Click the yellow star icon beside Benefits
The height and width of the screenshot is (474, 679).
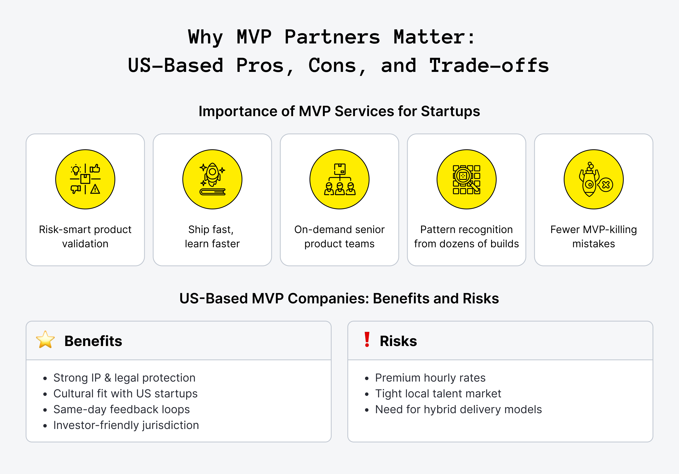[x=45, y=340]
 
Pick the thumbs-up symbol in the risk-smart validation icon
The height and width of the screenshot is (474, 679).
[x=95, y=169]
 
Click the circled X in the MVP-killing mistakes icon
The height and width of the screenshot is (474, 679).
[x=606, y=185]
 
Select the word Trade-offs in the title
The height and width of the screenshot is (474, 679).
[x=489, y=66]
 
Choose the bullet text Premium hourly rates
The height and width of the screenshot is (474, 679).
[x=430, y=378]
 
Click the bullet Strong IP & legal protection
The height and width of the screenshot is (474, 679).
[x=124, y=378]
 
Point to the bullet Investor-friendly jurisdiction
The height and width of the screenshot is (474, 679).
[x=126, y=425]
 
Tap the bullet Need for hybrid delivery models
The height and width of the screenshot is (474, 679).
[x=458, y=409]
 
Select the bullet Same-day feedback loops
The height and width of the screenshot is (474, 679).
[x=122, y=409]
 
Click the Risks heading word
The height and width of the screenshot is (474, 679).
[x=398, y=341]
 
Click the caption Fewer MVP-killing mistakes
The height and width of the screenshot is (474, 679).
[x=593, y=236]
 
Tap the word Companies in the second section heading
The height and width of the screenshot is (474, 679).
[x=328, y=298]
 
